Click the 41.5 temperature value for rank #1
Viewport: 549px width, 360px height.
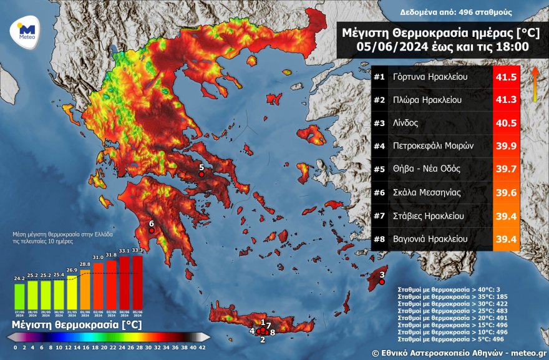506,77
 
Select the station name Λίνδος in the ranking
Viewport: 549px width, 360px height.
406,123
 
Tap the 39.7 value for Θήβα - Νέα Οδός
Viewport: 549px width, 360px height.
506,169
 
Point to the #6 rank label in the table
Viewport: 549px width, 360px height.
379,192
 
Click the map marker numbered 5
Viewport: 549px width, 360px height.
202,175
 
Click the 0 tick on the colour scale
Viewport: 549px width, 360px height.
16,347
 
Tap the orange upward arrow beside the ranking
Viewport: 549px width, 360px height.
535,84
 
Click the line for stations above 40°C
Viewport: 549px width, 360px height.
448,289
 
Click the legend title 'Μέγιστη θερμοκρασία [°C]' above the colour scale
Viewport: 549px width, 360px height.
76,325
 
